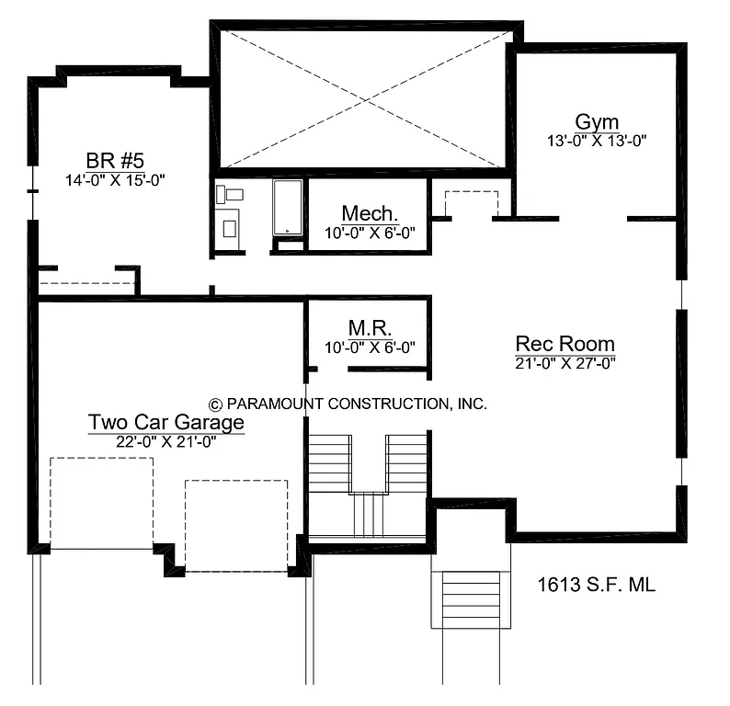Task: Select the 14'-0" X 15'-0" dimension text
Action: coord(115,179)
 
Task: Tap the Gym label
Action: coord(597,122)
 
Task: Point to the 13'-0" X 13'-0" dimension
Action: coord(597,142)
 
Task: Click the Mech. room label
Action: coord(369,213)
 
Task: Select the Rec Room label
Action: coord(565,344)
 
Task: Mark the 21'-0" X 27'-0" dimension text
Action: coord(565,363)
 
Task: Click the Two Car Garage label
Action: coord(166,422)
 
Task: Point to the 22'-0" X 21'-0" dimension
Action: coord(166,441)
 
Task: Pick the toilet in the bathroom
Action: coord(230,194)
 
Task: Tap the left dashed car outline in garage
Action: coord(101,502)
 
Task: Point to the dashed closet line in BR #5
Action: coord(86,283)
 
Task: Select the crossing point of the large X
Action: coord(361,97)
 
